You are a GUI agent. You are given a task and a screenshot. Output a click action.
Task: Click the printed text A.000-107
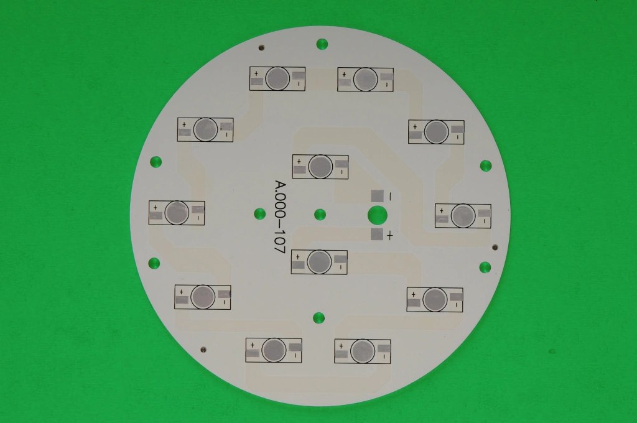[281, 217]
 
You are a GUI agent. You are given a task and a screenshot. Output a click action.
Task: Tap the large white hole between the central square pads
[378, 215]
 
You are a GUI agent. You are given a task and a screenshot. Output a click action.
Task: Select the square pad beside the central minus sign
[378, 196]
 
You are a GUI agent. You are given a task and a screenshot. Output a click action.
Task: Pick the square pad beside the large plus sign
[377, 234]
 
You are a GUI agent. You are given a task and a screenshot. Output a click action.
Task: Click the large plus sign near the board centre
[390, 235]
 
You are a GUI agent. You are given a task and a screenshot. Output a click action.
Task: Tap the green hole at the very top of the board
[322, 44]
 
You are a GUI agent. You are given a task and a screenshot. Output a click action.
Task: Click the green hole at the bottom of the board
[319, 318]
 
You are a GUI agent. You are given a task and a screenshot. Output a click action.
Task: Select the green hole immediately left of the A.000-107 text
[259, 214]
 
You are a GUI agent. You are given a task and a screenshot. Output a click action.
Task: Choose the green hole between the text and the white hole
[320, 214]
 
